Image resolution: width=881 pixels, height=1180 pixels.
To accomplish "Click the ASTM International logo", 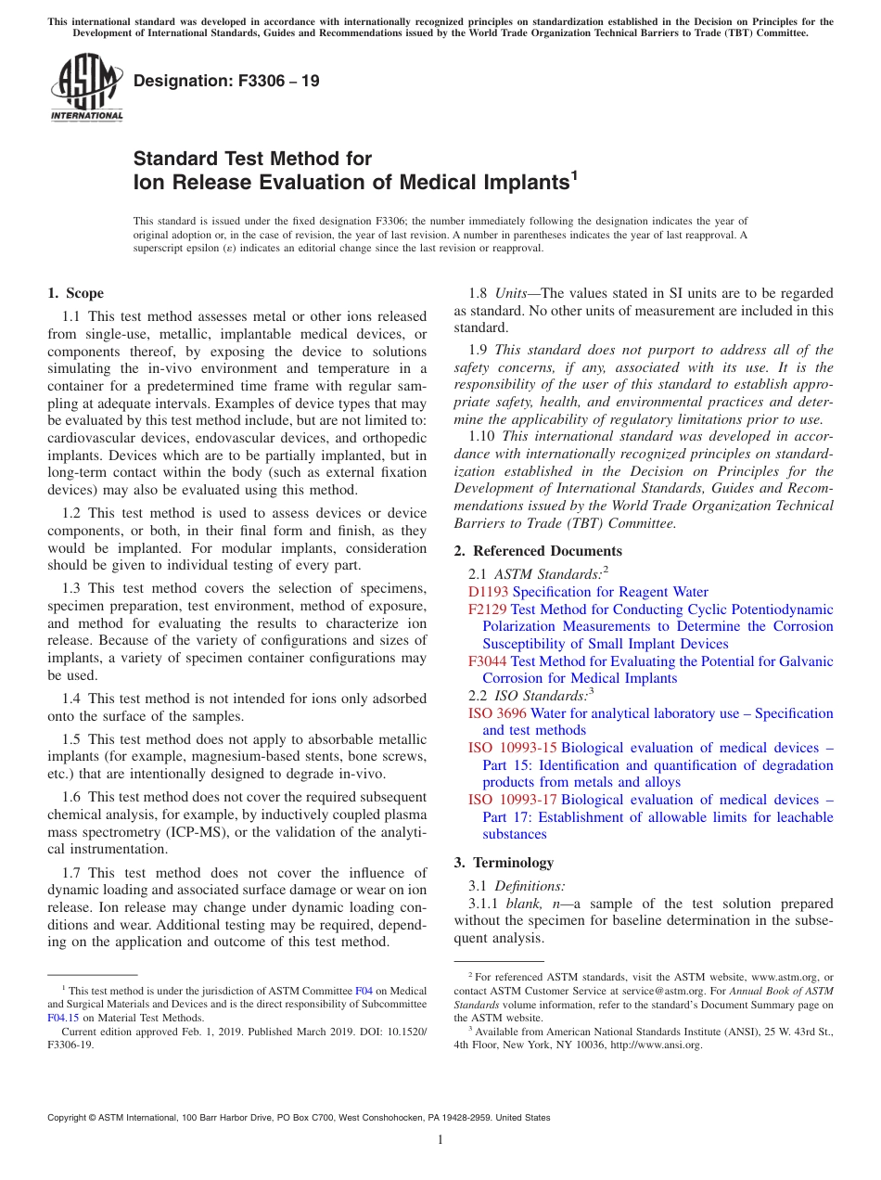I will pos(86,87).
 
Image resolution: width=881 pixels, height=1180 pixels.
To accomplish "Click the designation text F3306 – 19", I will pos(226,82).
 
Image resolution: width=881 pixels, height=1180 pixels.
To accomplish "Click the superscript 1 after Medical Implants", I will pos(574,173).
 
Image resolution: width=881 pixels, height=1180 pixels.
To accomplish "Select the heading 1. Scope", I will pos(75,293).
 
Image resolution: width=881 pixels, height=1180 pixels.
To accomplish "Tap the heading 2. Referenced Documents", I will pos(538,551).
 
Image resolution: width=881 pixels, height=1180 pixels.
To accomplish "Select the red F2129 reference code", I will pos(488,609).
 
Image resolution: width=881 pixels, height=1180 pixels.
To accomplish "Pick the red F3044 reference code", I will pos(488,661).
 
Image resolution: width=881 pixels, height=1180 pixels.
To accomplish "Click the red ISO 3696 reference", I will pos(497,713).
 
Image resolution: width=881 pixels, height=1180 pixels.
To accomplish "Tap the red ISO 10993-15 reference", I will pos(513,748).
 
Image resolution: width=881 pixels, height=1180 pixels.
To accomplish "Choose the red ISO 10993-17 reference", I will pos(513,800).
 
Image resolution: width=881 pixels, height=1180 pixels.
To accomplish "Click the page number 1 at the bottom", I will pos(440,1140).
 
